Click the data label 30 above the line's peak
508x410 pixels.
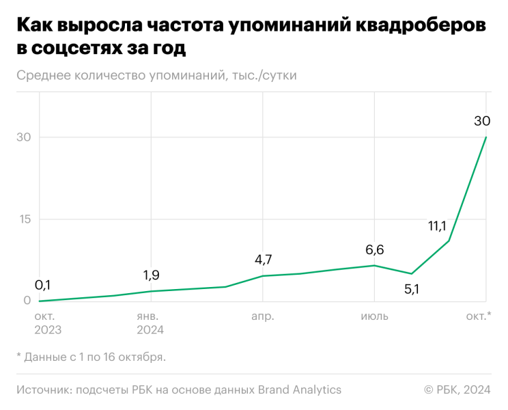point(482,121)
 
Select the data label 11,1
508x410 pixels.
point(437,226)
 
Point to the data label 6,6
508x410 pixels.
point(374,250)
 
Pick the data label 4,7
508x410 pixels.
point(263,260)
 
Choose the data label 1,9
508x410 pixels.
point(152,275)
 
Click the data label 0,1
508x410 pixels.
point(43,285)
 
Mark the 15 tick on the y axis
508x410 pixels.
point(24,219)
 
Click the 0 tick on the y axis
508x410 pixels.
point(27,301)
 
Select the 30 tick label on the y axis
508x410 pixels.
point(24,137)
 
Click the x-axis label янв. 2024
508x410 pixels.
point(150,323)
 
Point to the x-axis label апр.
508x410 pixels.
point(263,316)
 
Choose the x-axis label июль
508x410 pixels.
point(374,316)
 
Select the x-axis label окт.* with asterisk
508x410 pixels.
point(479,316)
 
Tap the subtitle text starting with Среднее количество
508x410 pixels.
point(156,75)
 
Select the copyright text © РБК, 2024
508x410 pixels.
point(457,389)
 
